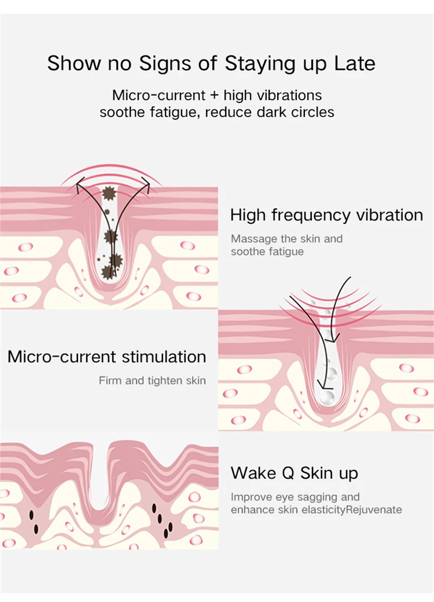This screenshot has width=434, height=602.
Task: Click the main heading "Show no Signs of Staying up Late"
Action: [x=211, y=64]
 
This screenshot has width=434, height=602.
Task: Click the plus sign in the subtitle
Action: [x=214, y=96]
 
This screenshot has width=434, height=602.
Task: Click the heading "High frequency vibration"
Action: [x=326, y=214]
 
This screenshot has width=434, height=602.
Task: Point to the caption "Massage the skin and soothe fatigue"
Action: [x=286, y=245]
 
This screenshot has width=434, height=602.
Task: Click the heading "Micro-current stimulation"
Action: [x=107, y=357]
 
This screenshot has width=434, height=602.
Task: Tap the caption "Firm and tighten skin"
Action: [x=152, y=381]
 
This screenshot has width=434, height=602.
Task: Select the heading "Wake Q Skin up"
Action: [x=294, y=473]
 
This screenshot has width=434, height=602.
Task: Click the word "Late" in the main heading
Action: [x=355, y=64]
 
